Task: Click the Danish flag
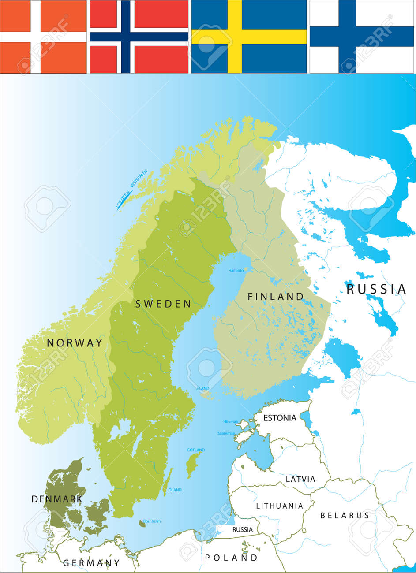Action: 43,37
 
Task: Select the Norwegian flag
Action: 139,37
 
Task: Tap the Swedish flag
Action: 249,37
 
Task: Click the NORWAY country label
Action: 75,343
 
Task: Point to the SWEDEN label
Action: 163,304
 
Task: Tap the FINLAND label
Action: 276,296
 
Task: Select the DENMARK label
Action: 57,499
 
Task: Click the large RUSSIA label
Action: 376,289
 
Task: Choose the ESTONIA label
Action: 280,418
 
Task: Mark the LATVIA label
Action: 300,479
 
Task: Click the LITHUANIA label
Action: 280,506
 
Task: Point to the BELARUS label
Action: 345,515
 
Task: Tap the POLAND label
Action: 231,558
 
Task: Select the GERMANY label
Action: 91,563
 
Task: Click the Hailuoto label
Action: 236,271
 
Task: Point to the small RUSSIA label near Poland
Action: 242,529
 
